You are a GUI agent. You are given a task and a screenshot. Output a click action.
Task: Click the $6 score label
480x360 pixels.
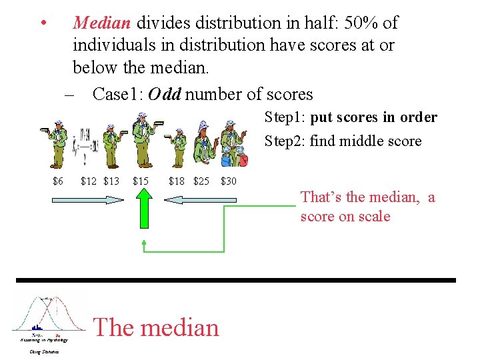click(x=58, y=181)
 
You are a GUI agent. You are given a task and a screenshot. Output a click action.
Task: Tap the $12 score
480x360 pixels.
click(x=88, y=181)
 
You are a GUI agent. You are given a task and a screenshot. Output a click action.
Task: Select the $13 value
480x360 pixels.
click(x=111, y=181)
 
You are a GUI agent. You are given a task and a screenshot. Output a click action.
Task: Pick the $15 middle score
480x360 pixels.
click(x=141, y=181)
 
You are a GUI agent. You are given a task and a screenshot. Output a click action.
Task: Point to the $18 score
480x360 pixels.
click(x=177, y=181)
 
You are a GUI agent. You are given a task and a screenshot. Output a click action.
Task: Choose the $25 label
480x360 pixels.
click(x=201, y=181)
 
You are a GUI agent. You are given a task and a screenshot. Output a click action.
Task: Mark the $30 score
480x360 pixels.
click(x=228, y=181)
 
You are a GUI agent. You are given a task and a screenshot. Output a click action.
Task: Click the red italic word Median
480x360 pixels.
click(x=102, y=23)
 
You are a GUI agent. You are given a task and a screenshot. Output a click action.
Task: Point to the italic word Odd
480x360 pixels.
click(x=165, y=94)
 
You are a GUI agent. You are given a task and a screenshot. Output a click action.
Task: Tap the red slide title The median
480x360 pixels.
click(x=157, y=327)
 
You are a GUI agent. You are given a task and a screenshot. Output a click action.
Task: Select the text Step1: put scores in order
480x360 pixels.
click(x=351, y=117)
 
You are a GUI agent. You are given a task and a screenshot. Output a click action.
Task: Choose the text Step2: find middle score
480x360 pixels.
click(x=343, y=141)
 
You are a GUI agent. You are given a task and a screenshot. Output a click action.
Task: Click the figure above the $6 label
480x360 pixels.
click(x=57, y=144)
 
